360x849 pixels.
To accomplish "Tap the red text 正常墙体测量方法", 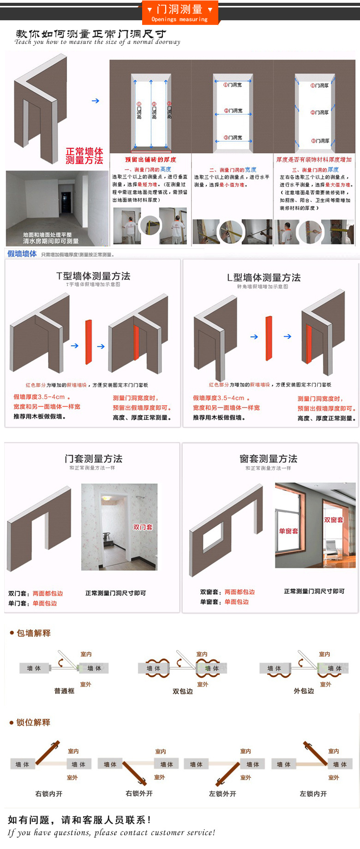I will [84, 156].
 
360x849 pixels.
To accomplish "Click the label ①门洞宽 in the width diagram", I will [233, 85].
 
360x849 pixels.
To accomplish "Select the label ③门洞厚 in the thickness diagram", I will [320, 141].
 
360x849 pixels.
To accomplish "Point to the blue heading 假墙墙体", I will [22, 254].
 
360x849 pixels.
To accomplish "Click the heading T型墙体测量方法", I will [93, 276].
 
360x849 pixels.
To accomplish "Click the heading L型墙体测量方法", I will [264, 277].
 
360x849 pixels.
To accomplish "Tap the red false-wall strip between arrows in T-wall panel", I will [88, 342].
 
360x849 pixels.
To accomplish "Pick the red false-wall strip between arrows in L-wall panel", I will [269, 338].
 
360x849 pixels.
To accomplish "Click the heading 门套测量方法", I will [93, 459].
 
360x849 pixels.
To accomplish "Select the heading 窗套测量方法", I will [268, 459].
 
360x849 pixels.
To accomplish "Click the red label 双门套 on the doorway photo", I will [143, 527].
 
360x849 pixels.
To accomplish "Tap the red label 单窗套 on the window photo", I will [288, 531].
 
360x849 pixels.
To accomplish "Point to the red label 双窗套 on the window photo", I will [334, 520].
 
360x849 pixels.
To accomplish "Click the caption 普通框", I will [64, 691].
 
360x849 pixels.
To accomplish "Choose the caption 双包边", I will [182, 691].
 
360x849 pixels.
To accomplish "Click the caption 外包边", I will [304, 691].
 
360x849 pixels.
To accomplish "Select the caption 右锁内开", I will [48, 794].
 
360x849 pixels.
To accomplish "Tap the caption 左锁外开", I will [222, 794].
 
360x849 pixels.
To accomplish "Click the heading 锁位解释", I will [33, 723].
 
